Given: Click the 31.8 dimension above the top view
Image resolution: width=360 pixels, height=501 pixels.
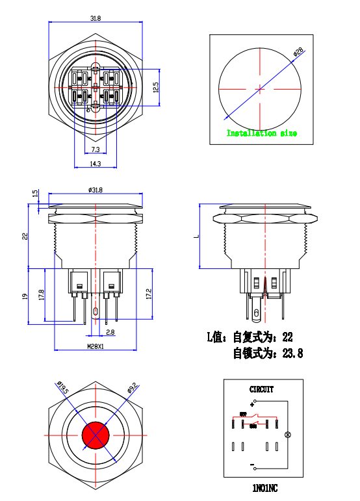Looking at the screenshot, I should (x=95, y=18).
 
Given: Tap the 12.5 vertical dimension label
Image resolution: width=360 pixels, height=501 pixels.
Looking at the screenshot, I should (x=155, y=87).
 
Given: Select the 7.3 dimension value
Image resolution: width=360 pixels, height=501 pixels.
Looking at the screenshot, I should (x=95, y=150).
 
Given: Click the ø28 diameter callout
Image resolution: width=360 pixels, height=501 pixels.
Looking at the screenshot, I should (x=299, y=52).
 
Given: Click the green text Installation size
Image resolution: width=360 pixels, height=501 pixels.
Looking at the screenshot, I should (x=261, y=133).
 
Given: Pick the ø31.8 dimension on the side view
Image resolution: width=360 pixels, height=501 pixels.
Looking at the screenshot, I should (x=96, y=190).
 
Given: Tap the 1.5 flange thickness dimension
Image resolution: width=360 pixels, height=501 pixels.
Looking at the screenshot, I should (x=35, y=194).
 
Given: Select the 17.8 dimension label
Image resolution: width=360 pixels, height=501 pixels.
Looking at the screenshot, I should (x=42, y=294).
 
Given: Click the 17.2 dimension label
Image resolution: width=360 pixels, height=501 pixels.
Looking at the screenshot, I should (x=149, y=294).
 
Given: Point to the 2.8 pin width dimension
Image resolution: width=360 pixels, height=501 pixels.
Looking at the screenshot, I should (x=110, y=332).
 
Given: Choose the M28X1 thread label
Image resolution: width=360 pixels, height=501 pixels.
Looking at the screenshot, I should (x=96, y=346).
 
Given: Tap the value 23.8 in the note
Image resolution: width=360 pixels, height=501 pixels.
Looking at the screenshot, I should (x=291, y=353).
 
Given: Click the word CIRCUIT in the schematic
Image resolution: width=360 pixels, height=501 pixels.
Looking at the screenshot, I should (x=262, y=390).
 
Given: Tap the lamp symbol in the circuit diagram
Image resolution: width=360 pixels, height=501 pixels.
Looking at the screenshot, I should (x=289, y=434).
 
